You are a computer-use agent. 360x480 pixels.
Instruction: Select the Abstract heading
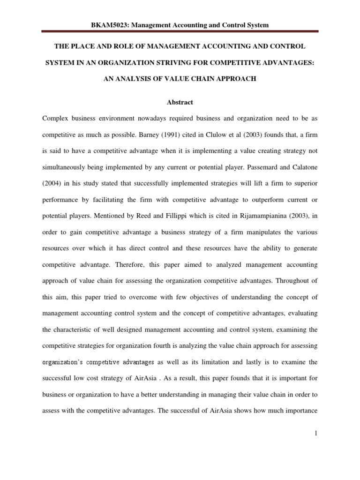(180, 102)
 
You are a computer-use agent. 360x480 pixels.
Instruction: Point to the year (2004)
(52, 184)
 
